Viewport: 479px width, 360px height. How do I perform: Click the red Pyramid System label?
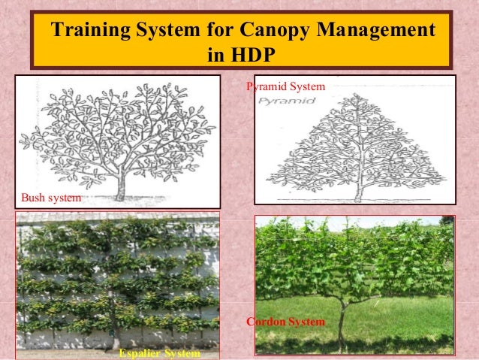coord(286,88)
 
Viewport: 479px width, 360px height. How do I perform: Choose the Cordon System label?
coord(286,322)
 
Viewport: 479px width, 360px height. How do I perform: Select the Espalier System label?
coord(160,353)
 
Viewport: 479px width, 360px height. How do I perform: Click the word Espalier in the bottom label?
coord(141,353)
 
